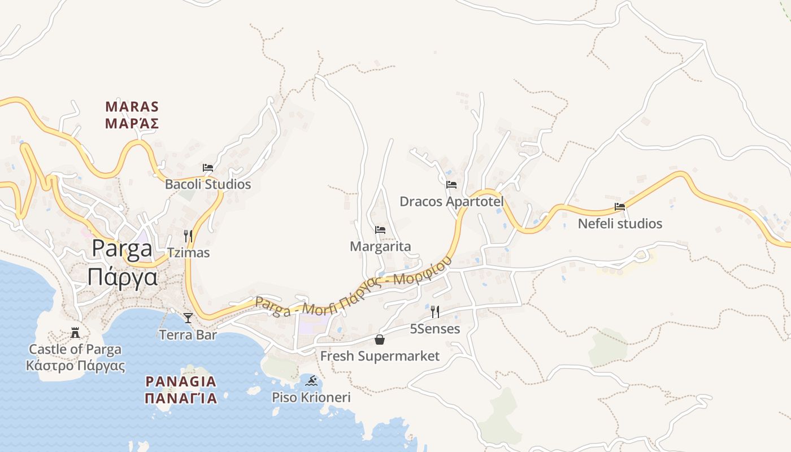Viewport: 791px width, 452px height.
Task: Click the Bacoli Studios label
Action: [x=207, y=184]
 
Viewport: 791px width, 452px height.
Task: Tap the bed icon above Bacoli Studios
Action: [x=207, y=168]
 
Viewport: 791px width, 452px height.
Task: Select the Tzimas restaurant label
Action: [x=188, y=253]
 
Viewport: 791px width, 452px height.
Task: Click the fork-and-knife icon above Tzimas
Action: [x=188, y=236]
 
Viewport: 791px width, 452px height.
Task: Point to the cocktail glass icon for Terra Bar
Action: [x=188, y=318]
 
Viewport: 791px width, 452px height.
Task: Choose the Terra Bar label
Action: [x=188, y=335]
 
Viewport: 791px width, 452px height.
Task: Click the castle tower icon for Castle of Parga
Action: [x=75, y=332]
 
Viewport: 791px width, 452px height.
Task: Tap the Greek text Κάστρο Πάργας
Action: [x=75, y=365]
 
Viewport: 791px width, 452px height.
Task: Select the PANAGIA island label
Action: [x=181, y=381]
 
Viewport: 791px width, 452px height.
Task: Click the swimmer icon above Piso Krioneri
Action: [x=311, y=380]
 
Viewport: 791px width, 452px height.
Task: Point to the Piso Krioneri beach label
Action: [x=311, y=397]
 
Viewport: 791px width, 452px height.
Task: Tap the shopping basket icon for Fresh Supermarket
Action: [x=380, y=340]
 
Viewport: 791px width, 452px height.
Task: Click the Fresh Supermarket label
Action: [x=380, y=356]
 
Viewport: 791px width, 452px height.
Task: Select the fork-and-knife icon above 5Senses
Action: [x=434, y=311]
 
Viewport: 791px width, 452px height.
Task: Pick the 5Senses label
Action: [x=434, y=328]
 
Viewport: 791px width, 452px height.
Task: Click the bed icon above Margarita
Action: [x=380, y=230]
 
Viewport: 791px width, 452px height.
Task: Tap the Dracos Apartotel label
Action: [x=451, y=201]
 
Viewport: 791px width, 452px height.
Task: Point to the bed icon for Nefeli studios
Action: [x=620, y=207]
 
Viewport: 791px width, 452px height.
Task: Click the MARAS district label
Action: [x=132, y=107]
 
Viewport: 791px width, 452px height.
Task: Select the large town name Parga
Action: [x=122, y=249]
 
